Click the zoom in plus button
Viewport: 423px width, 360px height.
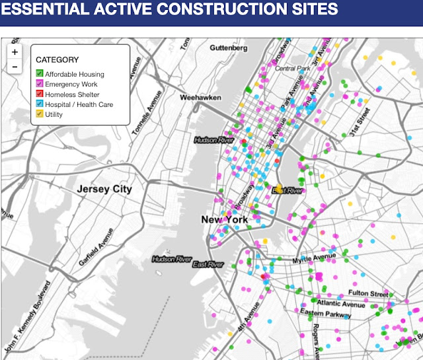[15, 52]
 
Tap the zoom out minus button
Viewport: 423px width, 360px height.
[15, 67]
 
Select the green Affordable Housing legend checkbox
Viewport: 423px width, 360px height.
[40, 73]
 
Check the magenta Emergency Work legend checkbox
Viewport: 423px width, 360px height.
[40, 84]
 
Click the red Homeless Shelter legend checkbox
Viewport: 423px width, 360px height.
[40, 94]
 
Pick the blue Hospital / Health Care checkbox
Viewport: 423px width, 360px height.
[40, 104]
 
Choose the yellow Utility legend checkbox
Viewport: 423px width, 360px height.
[40, 115]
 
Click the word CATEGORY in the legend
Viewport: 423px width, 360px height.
[57, 59]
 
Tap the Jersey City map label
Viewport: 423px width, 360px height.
[104, 190]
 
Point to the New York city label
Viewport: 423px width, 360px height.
[225, 219]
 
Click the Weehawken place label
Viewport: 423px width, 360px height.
[200, 97]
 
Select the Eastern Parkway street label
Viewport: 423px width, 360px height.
[323, 312]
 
